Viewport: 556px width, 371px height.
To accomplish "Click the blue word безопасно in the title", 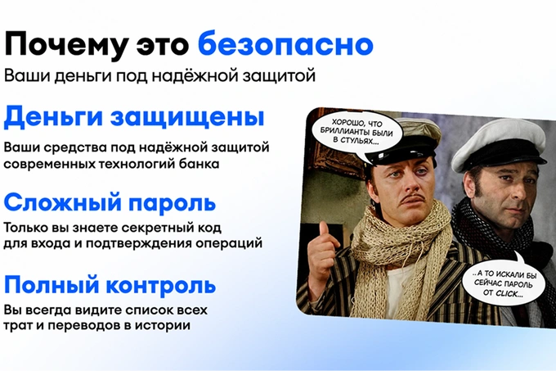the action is (x=285, y=44).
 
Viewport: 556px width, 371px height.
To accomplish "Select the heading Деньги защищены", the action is (x=134, y=117).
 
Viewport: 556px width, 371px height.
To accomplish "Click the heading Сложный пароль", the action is (x=110, y=203).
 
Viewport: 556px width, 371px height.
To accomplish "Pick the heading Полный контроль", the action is (x=110, y=286).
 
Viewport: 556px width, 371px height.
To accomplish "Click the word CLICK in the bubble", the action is (x=509, y=293).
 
